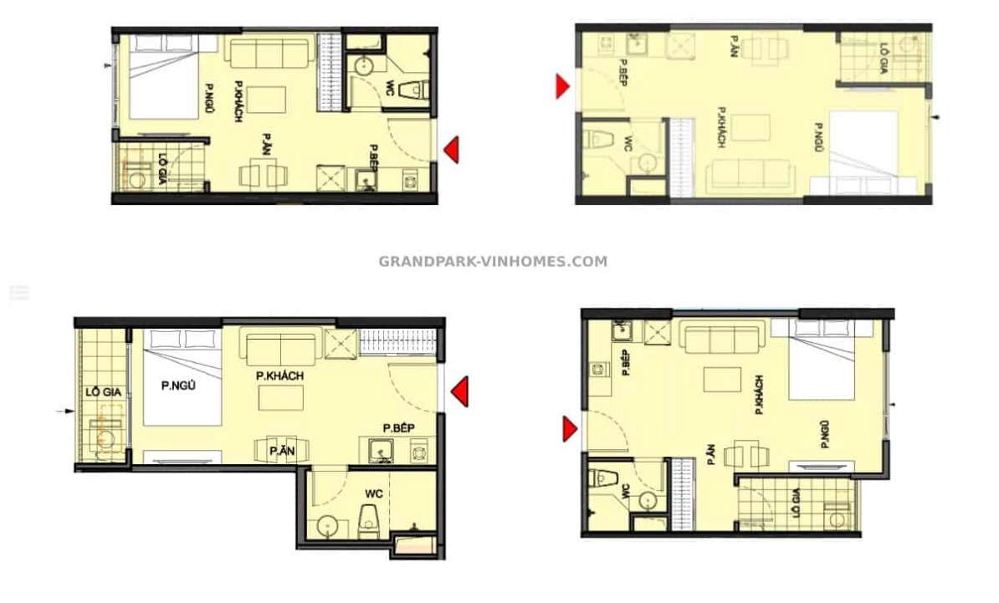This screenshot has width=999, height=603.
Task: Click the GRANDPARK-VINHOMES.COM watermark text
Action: tap(493, 261)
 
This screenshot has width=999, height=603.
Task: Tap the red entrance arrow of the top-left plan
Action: tap(451, 151)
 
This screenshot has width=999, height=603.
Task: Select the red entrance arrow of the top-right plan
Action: tap(562, 87)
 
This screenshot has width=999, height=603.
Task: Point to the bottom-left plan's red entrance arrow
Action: tap(459, 391)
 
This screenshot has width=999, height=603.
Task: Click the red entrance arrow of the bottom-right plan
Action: tap(570, 428)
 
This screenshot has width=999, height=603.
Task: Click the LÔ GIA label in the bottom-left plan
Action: tap(103, 392)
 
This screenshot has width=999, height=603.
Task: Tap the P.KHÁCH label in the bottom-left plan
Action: tap(279, 376)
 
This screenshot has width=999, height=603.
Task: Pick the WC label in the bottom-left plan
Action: tap(374, 493)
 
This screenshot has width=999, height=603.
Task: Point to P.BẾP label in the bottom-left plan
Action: tap(398, 428)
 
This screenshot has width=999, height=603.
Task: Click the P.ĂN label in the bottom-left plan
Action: tap(282, 451)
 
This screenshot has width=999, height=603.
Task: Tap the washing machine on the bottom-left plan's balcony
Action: tap(105, 437)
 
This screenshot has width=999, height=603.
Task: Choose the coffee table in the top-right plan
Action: tap(751, 127)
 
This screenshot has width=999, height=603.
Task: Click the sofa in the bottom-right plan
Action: tap(723, 335)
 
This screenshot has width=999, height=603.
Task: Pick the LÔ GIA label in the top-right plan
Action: tap(884, 59)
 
